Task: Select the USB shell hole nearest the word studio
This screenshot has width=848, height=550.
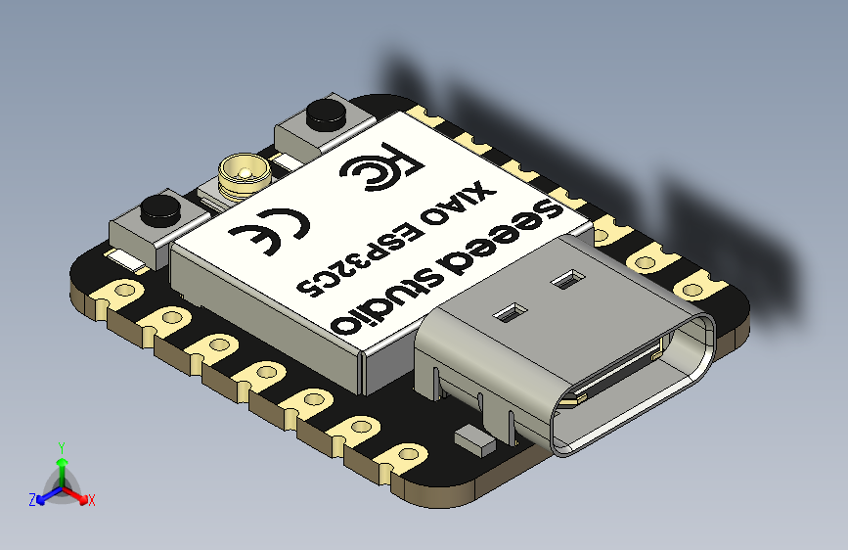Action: click(x=509, y=314)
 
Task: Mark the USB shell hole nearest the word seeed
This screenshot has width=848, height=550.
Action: click(x=564, y=281)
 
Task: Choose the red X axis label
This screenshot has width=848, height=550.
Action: click(x=91, y=500)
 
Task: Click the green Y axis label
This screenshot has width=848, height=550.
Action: click(x=61, y=447)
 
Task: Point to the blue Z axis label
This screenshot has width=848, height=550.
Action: click(x=32, y=499)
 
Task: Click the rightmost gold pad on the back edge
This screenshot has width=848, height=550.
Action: click(x=695, y=287)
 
